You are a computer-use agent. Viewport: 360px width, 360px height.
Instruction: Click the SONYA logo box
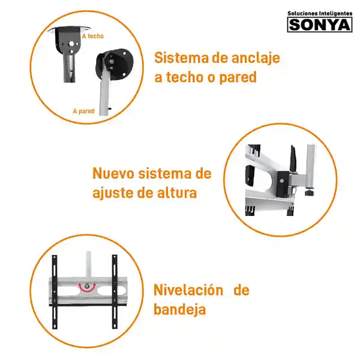(x=320, y=25)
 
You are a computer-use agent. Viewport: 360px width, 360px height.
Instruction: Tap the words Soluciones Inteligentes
(x=320, y=13)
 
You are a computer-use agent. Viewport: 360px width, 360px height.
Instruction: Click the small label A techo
(x=93, y=36)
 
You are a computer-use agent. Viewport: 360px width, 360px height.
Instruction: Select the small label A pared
(x=84, y=111)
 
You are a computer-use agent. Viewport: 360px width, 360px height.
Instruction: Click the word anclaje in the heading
(x=256, y=58)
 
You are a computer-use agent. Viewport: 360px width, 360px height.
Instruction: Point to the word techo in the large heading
(x=184, y=77)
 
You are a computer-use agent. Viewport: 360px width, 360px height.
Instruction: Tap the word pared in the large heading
(x=238, y=77)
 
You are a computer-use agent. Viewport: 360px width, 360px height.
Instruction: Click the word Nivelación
(x=188, y=290)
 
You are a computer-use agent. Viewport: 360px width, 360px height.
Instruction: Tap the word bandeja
(x=179, y=310)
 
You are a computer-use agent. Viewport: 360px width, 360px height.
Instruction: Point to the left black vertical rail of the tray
(x=55, y=292)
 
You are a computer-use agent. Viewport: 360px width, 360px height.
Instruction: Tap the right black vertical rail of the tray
(x=115, y=292)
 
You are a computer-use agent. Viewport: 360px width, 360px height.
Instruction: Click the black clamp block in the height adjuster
(x=283, y=184)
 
